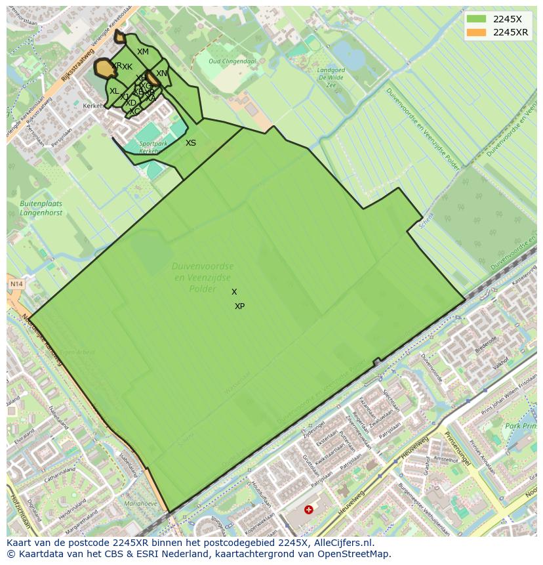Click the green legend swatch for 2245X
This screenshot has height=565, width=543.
click(x=477, y=20)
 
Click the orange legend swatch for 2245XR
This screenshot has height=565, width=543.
click(x=477, y=33)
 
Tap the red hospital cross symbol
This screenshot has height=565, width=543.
click(x=309, y=509)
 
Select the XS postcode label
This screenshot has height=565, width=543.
click(x=191, y=143)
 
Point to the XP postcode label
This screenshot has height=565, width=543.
click(x=240, y=306)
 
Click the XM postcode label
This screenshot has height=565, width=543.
click(x=143, y=52)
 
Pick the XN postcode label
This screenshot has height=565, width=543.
click(x=162, y=73)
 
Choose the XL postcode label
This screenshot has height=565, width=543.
click(x=114, y=91)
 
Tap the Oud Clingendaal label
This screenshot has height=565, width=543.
click(x=232, y=61)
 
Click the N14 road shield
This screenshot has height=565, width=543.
click(x=16, y=284)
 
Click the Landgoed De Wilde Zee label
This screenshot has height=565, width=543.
click(x=331, y=77)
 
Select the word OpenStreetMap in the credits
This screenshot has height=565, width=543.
click(x=352, y=554)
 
